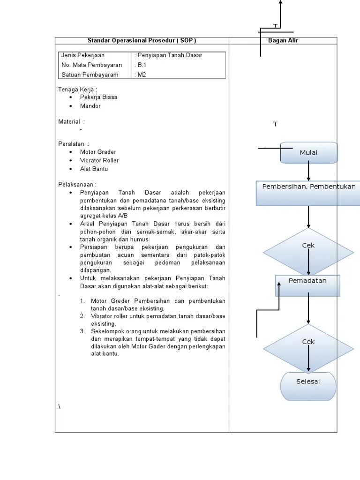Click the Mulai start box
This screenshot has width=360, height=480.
[309, 153]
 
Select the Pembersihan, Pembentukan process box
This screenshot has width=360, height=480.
[308, 193]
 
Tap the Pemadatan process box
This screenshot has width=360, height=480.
[307, 286]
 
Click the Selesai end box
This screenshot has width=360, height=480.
[308, 386]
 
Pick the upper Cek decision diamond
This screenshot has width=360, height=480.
[308, 252]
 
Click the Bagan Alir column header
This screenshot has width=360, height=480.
[283, 41]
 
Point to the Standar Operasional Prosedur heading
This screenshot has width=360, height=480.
[142, 41]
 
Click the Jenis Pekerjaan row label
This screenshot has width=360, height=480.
[83, 56]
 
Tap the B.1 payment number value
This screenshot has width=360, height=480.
[142, 65]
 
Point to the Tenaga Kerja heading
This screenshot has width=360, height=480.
[77, 89]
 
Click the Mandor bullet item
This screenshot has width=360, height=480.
[90, 106]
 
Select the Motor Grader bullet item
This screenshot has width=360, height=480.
[97, 152]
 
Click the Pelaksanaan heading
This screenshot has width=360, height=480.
[77, 185]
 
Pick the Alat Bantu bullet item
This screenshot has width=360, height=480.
[94, 169]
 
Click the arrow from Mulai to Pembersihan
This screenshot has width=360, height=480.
[308, 172]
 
